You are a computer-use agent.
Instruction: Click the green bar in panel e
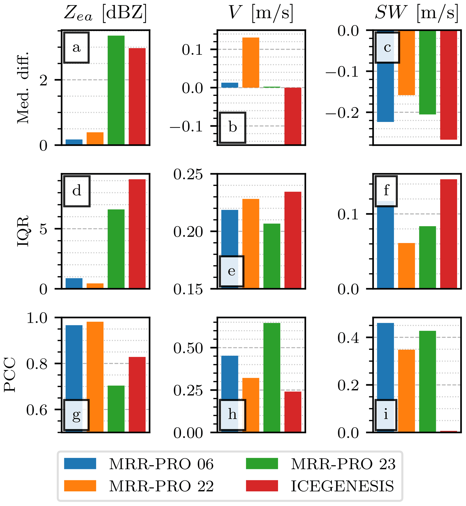tap(272, 256)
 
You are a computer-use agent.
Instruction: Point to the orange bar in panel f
tap(406, 266)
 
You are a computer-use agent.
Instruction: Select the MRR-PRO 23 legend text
tap(343, 464)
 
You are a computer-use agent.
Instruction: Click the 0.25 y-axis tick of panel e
tap(188, 174)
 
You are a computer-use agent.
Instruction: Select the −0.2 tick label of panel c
tap(342, 113)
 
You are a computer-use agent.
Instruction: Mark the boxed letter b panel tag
tap(232, 128)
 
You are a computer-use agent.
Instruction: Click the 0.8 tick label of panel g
tap(37, 364)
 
